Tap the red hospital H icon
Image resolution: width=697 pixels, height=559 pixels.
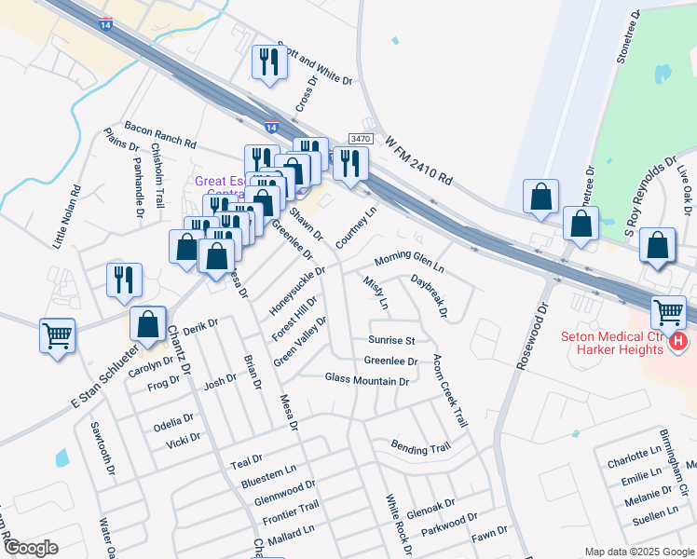(x=679, y=343)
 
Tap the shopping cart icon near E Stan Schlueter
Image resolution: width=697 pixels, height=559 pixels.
(x=57, y=334)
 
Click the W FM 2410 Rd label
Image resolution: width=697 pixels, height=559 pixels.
(x=418, y=159)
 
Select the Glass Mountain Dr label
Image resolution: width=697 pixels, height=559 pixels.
(x=367, y=380)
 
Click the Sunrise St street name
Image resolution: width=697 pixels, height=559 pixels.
(x=390, y=340)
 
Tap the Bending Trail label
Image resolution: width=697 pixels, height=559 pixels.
(x=420, y=448)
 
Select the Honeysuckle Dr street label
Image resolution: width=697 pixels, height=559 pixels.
(x=297, y=290)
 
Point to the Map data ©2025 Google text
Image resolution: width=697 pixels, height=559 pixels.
(x=639, y=552)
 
